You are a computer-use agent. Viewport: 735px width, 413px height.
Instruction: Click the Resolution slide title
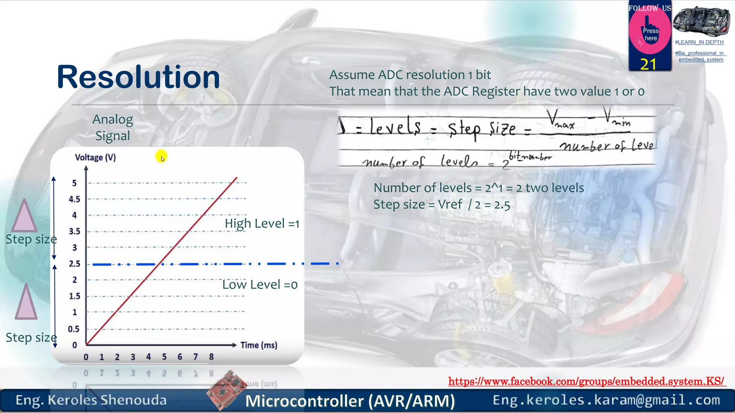click(x=138, y=77)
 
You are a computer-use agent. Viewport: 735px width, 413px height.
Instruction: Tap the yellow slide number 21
click(x=648, y=65)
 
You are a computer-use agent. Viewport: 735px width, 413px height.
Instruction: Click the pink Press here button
click(x=650, y=34)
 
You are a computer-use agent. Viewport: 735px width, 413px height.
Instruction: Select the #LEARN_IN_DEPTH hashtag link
click(x=699, y=42)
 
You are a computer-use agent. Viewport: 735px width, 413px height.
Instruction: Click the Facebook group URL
click(x=586, y=381)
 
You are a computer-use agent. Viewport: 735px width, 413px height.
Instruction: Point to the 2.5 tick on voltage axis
click(x=75, y=264)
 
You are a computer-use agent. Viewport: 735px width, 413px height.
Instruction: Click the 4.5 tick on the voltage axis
click(x=75, y=199)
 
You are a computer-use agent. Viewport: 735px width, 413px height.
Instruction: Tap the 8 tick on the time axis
click(x=211, y=357)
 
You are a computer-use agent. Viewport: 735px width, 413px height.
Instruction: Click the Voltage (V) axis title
click(x=95, y=157)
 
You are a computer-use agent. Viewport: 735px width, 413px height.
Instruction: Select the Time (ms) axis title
click(x=259, y=345)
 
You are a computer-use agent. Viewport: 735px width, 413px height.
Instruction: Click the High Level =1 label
click(x=262, y=224)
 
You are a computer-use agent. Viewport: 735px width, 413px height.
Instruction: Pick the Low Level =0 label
click(x=260, y=285)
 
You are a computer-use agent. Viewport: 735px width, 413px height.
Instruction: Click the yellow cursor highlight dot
click(x=161, y=156)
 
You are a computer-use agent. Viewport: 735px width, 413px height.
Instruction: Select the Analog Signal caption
click(x=113, y=128)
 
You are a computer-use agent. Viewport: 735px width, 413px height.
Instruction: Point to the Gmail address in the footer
click(x=606, y=400)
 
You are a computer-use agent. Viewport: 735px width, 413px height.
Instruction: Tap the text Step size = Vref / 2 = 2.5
click(x=441, y=205)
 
